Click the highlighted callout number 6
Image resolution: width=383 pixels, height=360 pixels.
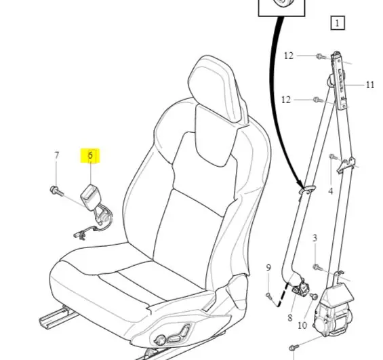[x=90, y=155]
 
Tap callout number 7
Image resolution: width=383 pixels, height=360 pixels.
[x=57, y=155]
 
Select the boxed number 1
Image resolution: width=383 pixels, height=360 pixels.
[x=338, y=23]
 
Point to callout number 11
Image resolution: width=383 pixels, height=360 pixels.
[x=370, y=85]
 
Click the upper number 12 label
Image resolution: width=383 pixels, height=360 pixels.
[x=289, y=56]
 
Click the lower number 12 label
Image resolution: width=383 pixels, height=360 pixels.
[x=286, y=100]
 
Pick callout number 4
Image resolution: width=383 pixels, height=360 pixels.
[x=331, y=191]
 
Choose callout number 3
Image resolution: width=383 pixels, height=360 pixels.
[x=315, y=238]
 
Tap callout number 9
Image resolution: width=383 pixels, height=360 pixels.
[x=268, y=268]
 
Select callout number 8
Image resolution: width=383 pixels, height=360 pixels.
[x=289, y=318]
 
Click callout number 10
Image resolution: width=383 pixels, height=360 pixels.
[x=302, y=325]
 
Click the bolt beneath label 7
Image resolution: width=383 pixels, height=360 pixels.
[x=57, y=191]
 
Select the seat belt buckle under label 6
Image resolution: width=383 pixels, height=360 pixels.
[x=88, y=197]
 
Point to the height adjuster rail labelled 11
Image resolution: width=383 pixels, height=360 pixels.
[x=339, y=81]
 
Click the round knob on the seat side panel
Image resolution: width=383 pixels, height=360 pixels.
[x=161, y=340]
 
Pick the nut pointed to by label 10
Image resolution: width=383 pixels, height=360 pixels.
[x=314, y=296]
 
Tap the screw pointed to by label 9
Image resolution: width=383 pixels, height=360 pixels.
[x=269, y=296]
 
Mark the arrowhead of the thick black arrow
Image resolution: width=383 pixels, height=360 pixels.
[x=300, y=185]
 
